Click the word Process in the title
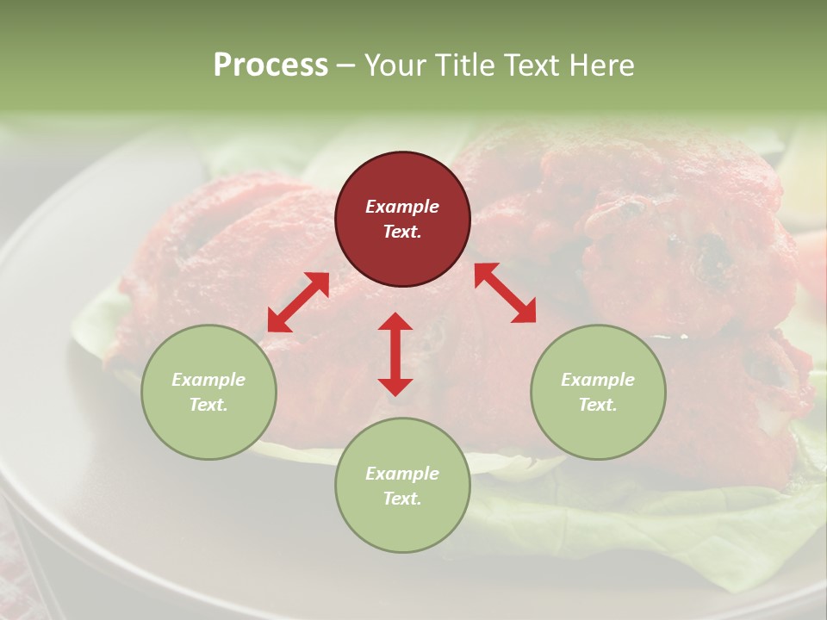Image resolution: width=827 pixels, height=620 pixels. [270, 65]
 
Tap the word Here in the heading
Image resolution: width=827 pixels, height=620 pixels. [602, 65]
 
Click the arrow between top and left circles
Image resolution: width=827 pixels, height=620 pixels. [298, 302]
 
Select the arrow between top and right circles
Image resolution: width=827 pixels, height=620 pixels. [505, 293]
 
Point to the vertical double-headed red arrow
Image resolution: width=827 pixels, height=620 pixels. [395, 354]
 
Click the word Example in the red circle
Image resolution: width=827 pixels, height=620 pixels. [402, 207]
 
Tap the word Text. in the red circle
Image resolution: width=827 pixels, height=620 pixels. [402, 232]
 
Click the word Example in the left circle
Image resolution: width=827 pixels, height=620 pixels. [208, 380]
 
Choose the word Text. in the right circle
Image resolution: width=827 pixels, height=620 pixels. [598, 405]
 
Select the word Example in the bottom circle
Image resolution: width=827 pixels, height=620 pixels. [402, 474]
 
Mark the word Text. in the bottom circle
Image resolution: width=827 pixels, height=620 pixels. [402, 499]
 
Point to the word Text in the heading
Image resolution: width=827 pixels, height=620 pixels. [532, 65]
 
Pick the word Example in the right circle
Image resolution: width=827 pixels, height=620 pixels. [598, 380]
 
